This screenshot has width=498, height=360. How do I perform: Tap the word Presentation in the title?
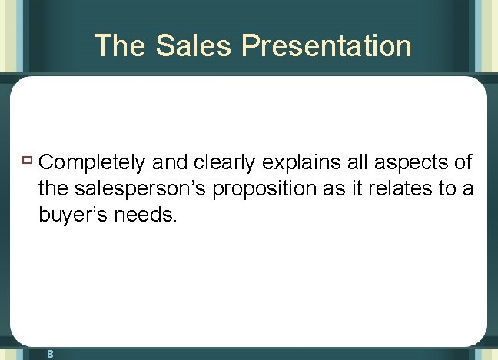[327, 46]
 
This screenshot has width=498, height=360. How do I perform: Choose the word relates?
[408, 189]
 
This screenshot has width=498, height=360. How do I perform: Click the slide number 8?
[49, 354]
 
